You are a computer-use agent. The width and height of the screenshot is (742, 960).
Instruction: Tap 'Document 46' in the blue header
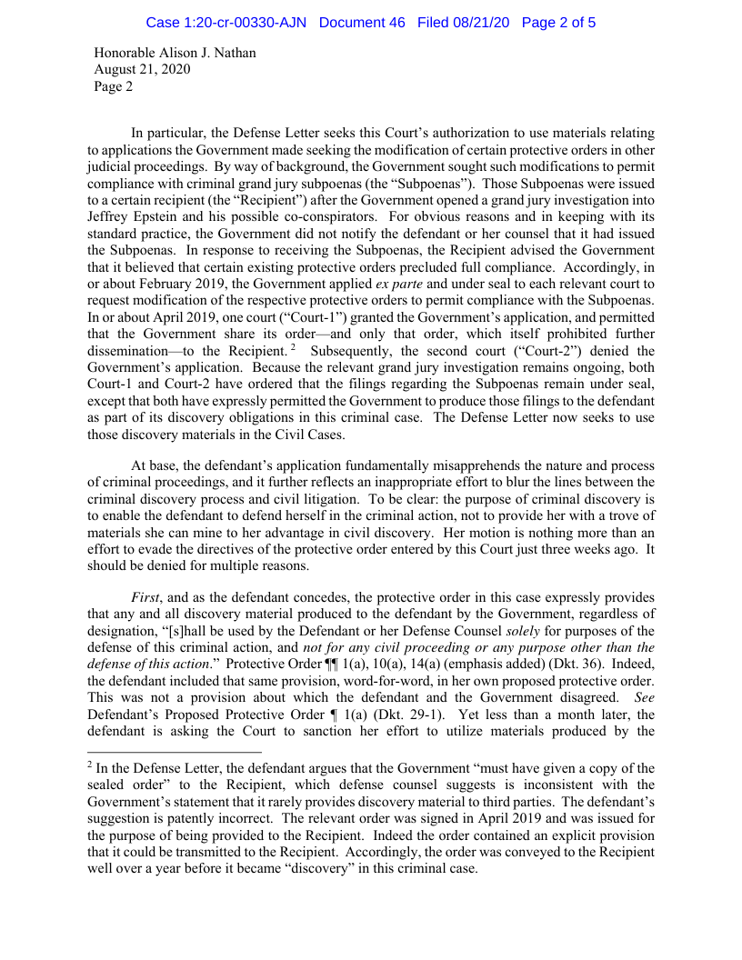coord(362,22)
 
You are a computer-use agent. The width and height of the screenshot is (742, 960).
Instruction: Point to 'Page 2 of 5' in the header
coord(558,22)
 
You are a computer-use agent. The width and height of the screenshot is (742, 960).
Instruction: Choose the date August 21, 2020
coord(143,70)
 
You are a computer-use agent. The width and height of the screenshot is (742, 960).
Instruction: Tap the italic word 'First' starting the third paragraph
coord(146,597)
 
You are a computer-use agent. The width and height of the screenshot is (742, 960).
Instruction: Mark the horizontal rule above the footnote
coord(175,752)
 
